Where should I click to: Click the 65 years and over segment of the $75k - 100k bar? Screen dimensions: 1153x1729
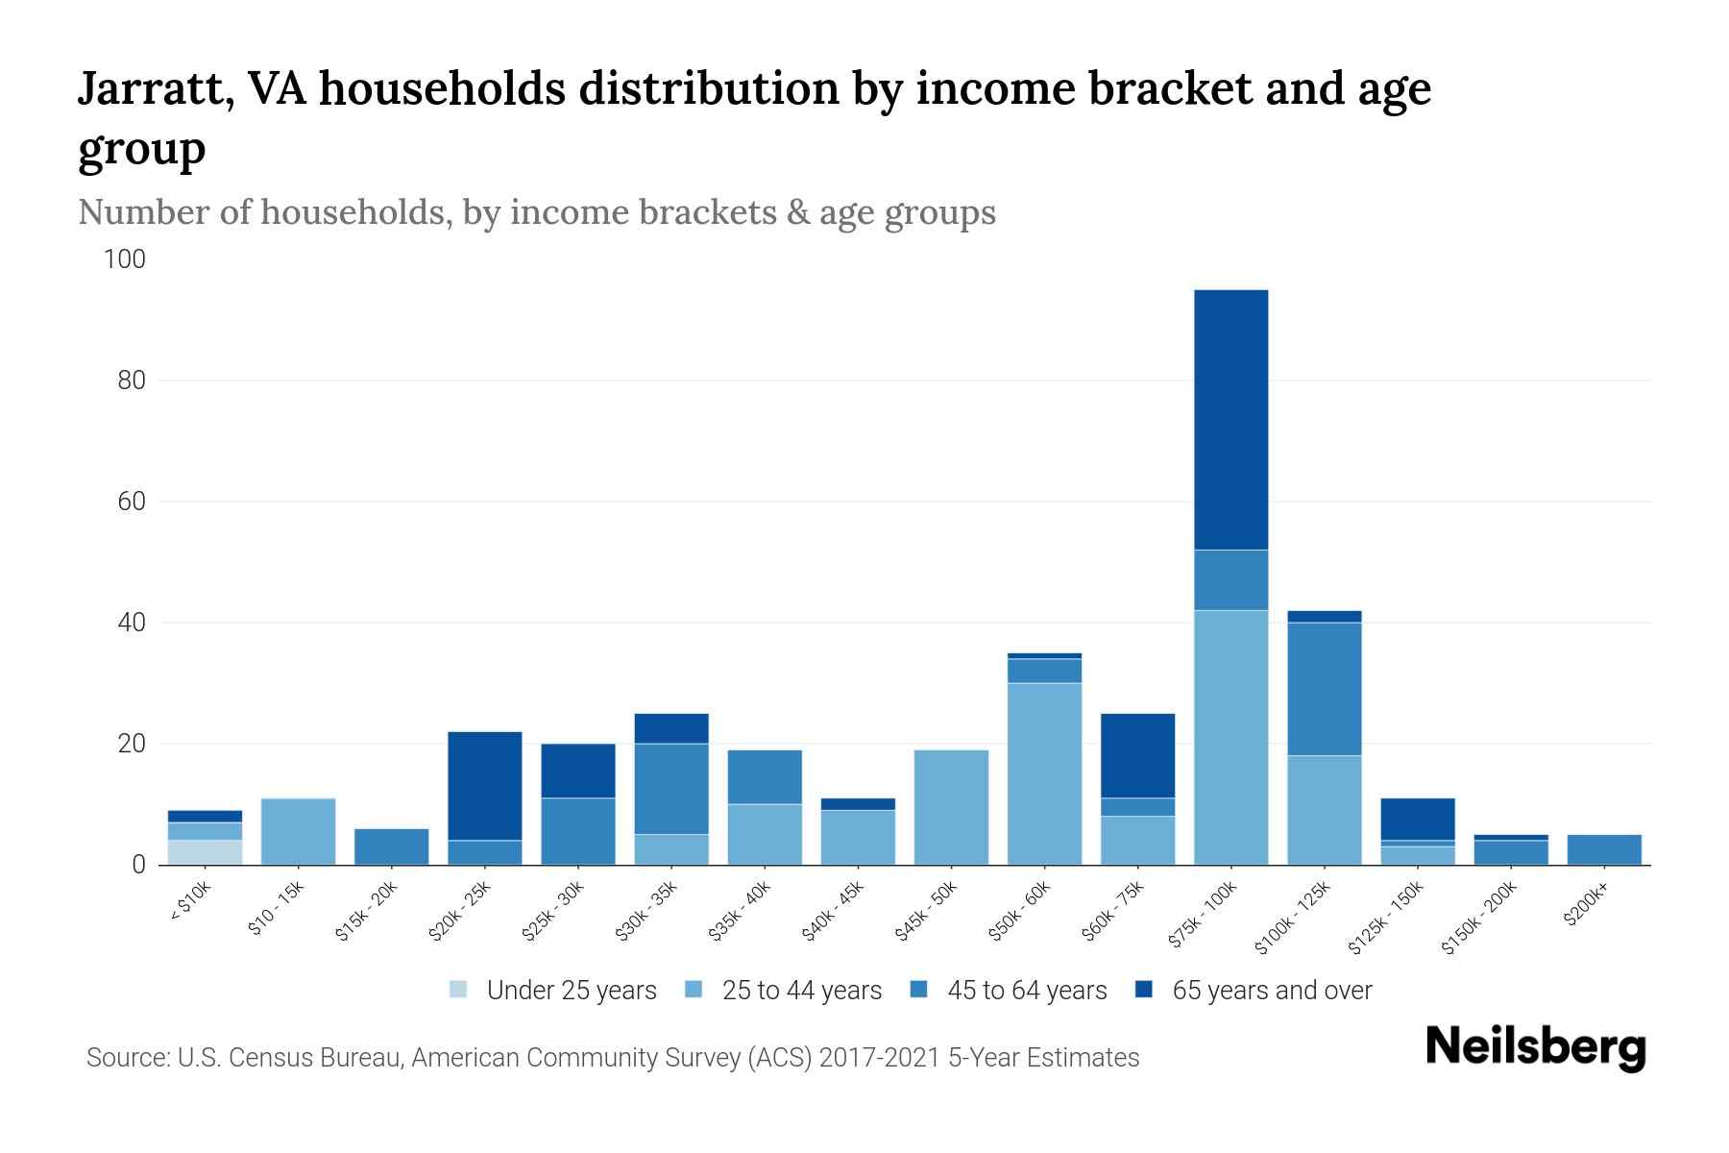coord(1230,420)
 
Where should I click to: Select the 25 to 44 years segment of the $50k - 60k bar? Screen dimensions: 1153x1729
coord(1044,773)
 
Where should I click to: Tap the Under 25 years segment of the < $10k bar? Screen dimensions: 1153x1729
coord(205,852)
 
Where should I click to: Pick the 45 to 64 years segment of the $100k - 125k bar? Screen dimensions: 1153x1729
coord(1324,689)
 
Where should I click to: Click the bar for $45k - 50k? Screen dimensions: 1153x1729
coord(951,807)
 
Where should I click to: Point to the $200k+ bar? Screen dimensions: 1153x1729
coord(1603,849)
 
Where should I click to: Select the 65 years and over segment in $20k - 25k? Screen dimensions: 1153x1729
coord(484,786)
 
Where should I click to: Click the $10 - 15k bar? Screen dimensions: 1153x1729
coord(298,831)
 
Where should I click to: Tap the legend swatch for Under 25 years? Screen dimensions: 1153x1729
coord(459,990)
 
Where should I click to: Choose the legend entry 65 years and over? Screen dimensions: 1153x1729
coord(1271,991)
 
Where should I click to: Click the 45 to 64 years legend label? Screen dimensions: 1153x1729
coord(1026,991)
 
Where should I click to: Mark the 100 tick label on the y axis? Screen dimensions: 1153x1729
coord(125,259)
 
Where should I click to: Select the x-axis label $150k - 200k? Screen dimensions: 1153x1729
coord(1479,918)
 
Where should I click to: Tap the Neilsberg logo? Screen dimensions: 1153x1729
coord(1535,1047)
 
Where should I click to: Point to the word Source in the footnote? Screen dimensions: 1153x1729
coord(125,1058)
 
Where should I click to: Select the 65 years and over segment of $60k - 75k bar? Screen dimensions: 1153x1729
coord(1137,755)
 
